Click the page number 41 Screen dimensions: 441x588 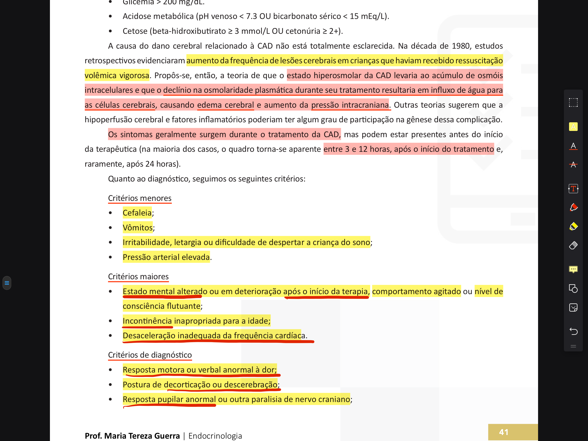click(503, 432)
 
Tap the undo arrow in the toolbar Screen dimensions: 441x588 click(573, 331)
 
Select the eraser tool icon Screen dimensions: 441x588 click(573, 245)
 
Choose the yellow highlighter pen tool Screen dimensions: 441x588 click(573, 226)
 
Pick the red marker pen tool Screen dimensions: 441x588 click(573, 207)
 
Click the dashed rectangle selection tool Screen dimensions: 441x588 click(573, 102)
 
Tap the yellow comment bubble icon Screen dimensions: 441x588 click(573, 269)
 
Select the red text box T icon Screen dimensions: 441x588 click(573, 189)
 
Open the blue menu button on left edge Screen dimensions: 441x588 click(7, 283)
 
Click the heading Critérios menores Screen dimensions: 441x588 click(139, 198)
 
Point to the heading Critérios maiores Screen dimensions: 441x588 click(138, 277)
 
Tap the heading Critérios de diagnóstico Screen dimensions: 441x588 click(150, 355)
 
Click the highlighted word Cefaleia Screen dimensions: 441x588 click(137, 213)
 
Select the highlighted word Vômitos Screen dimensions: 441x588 click(138, 228)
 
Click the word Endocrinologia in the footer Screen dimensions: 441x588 click(215, 436)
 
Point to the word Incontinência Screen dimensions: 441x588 click(147, 321)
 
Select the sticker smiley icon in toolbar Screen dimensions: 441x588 click(573, 307)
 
